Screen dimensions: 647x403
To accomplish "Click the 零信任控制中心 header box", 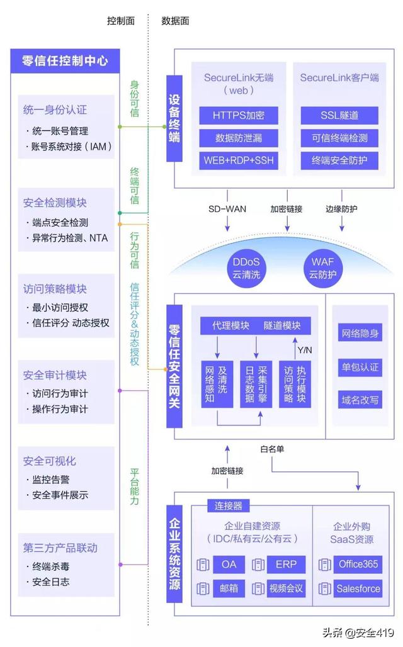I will click(x=65, y=61).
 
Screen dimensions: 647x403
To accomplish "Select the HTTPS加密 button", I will click(x=229, y=115).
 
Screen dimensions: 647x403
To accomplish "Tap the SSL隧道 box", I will click(x=339, y=115).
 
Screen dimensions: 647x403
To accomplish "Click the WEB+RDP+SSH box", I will click(x=229, y=160).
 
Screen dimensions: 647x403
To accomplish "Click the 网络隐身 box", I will click(x=360, y=334).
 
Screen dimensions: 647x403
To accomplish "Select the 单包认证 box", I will click(x=360, y=366).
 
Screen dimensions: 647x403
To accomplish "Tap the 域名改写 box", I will click(x=360, y=399).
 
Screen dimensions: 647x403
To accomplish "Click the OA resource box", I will click(x=229, y=565).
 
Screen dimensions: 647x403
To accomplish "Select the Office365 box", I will click(x=358, y=565).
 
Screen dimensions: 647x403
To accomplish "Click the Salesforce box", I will click(x=358, y=589).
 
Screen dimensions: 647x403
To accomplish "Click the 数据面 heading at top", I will click(x=176, y=21).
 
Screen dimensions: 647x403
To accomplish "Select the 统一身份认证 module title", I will click(x=55, y=110).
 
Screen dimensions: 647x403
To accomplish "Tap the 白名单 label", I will click(x=272, y=449).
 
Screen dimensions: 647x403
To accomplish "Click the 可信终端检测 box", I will click(x=339, y=138).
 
